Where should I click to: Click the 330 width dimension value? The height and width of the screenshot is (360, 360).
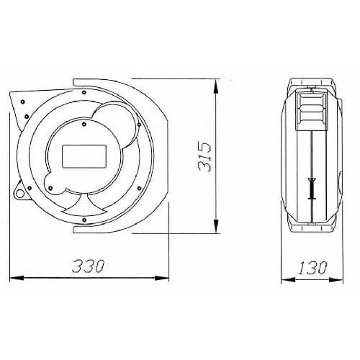[89, 266]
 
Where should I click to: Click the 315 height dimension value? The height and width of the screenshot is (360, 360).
[204, 157]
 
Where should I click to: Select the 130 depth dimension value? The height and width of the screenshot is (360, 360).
[312, 267]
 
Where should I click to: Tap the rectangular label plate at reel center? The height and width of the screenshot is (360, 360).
[84, 156]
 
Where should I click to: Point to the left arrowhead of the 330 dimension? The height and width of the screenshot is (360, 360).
[17, 278]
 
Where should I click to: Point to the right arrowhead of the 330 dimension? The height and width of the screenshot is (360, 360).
[162, 278]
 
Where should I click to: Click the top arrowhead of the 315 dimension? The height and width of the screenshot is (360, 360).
[216, 86]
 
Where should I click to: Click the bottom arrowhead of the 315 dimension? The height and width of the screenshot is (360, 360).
[216, 225]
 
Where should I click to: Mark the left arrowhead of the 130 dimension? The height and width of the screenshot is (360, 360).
[288, 279]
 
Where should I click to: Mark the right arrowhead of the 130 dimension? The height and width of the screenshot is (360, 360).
[336, 279]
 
